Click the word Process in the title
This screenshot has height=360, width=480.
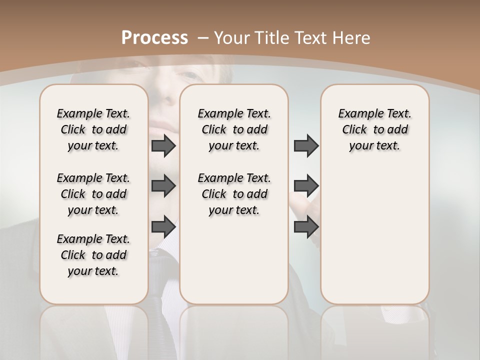tap(154, 38)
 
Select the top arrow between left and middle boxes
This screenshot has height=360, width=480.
tap(163, 146)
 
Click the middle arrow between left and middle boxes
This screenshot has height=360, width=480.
tap(163, 186)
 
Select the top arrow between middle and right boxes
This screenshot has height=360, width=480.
tap(306, 146)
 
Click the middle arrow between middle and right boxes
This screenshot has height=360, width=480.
tap(306, 186)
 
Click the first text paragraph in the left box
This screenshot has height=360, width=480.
tap(93, 129)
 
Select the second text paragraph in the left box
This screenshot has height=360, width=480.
tap(93, 194)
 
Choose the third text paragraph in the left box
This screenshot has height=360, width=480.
tap(93, 255)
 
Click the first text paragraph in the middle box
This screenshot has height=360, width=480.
tap(234, 129)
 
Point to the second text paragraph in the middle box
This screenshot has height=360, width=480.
tap(234, 194)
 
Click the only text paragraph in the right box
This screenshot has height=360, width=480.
tap(374, 129)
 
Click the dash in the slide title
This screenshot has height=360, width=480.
tap(203, 38)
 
